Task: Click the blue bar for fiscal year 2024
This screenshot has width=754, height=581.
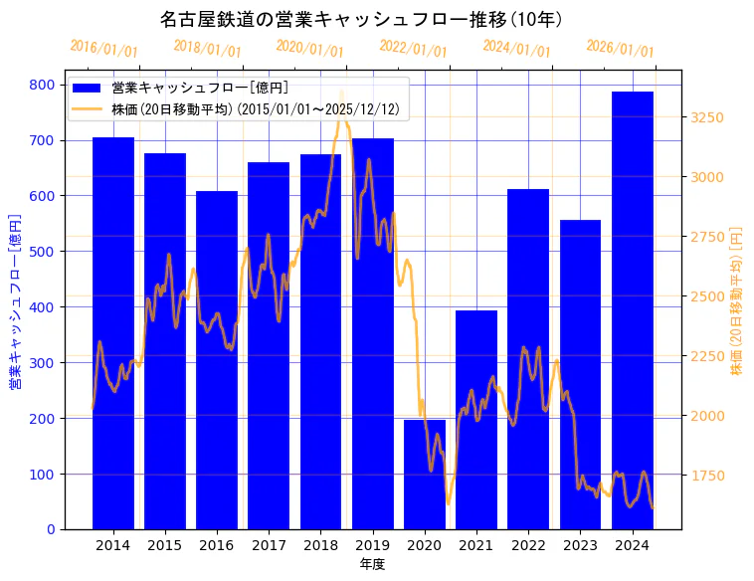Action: [x=633, y=309]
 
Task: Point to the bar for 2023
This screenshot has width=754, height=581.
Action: [x=580, y=374]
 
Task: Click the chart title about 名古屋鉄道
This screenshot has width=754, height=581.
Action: [x=362, y=19]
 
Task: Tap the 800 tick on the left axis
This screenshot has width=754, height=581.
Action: [x=42, y=85]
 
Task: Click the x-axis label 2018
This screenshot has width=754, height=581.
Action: [x=320, y=545]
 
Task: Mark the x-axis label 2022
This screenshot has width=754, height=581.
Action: [x=528, y=545]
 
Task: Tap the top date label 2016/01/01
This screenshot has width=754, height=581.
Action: [x=103, y=49]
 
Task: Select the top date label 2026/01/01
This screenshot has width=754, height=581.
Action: [x=620, y=49]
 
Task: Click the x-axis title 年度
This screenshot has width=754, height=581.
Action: [x=372, y=564]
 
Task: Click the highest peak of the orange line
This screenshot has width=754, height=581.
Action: [x=342, y=94]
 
